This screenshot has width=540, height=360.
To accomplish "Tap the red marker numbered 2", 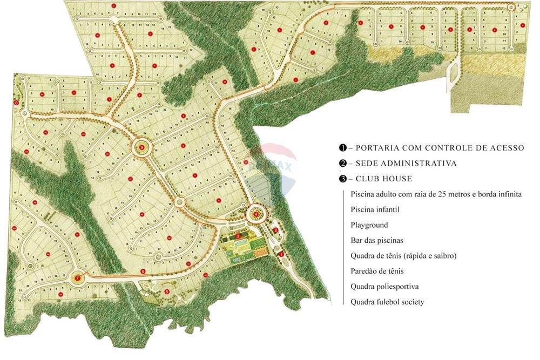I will point(275,230).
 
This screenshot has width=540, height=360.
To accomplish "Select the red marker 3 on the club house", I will point(238,236).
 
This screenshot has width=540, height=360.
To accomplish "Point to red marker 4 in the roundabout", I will point(255,214).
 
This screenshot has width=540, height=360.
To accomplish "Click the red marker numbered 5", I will point(167,292).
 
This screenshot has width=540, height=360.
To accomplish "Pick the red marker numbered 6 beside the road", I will point(143,271).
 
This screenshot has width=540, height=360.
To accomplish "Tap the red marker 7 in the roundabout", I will point(78,278).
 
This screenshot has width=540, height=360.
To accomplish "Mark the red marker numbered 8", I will point(17,103).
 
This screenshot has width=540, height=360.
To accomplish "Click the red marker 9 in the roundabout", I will point(142,147).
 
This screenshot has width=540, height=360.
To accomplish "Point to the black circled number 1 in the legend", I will point(342,148).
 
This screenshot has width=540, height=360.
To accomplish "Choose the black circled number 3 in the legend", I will point(342,179).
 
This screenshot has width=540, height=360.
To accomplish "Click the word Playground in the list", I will point(369,225).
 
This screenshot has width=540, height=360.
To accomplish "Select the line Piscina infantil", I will point(375,209).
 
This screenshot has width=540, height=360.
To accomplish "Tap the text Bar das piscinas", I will point(377,240).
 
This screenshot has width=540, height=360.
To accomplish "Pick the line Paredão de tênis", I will point(377,271).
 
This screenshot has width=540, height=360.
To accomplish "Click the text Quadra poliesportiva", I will point(384,286).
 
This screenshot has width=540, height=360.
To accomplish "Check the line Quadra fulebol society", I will point(387,302).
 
